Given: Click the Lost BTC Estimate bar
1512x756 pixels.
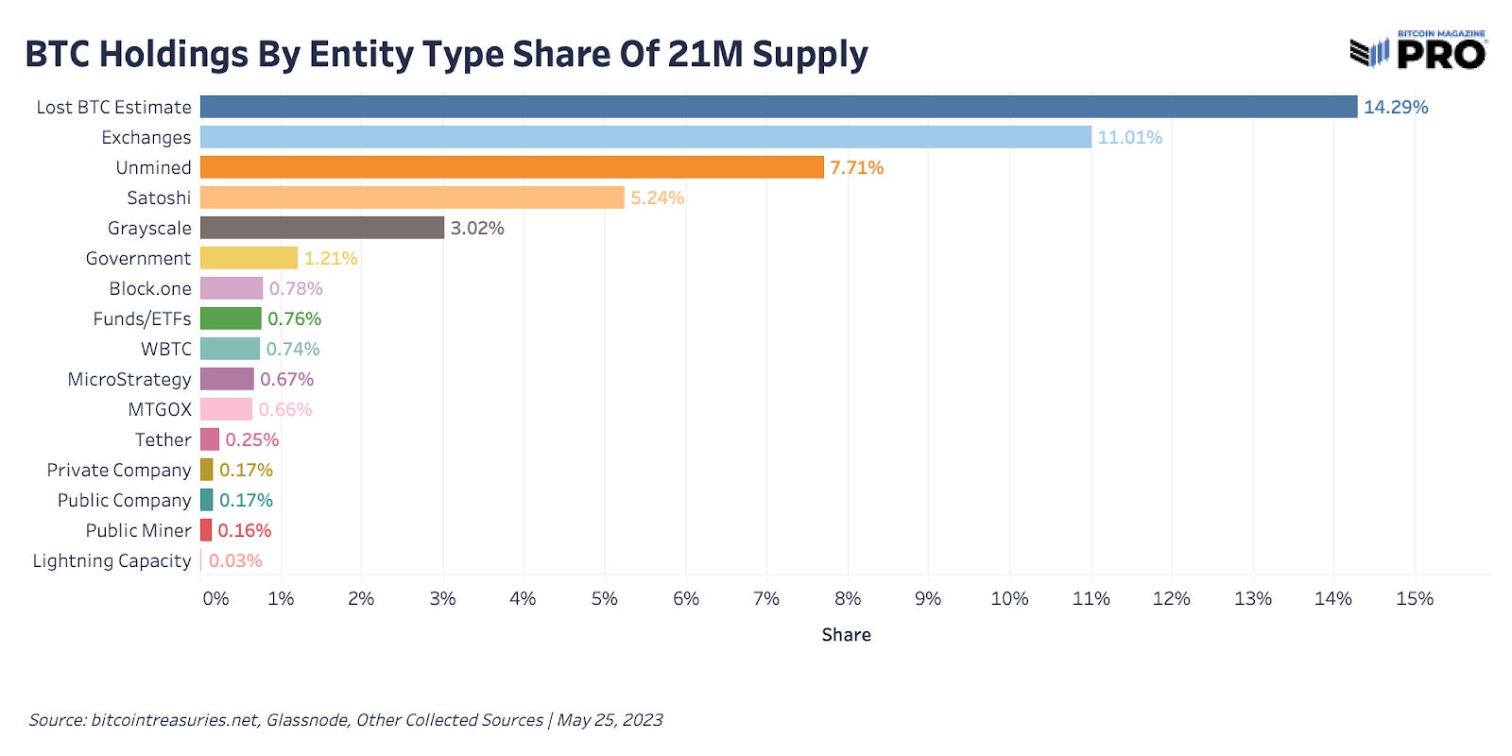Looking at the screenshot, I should (x=778, y=107).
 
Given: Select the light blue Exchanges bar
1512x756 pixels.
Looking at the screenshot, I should (x=645, y=137).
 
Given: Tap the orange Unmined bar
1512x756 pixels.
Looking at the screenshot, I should (x=511, y=167).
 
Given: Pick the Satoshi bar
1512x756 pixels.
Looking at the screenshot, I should (x=412, y=198).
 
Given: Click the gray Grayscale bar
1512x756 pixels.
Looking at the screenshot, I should (x=321, y=228).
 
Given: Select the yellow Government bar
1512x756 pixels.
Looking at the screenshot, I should (x=249, y=258).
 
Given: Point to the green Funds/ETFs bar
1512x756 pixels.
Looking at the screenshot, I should (x=231, y=318).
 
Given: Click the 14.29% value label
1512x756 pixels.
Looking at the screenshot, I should (x=1395, y=107).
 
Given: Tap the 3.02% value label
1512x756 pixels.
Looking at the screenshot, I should (x=477, y=228).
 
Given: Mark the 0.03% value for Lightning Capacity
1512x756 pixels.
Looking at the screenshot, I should (x=235, y=560).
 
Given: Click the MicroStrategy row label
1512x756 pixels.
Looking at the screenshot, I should (x=129, y=379).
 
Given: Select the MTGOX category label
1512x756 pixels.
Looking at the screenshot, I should (x=160, y=409).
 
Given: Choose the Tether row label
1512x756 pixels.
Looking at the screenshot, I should (x=163, y=439).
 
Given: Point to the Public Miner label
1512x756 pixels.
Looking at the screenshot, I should (x=138, y=530).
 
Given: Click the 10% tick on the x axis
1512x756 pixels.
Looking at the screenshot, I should (x=1009, y=598).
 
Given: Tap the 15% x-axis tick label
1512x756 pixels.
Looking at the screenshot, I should (x=1414, y=598).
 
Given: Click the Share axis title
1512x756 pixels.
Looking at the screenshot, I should (x=846, y=635).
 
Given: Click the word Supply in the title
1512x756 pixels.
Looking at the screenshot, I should (x=810, y=55).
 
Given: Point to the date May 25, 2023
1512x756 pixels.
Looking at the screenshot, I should (x=610, y=720).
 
